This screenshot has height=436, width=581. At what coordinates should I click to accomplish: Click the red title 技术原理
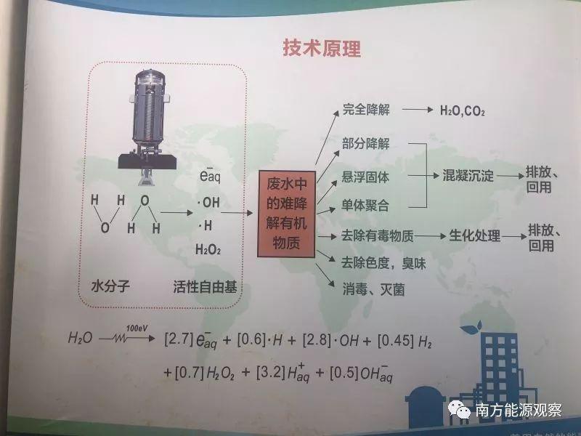tap(321, 49)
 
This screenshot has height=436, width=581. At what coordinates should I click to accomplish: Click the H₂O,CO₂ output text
tap(463, 112)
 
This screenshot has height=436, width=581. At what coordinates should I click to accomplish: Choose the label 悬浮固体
tap(366, 176)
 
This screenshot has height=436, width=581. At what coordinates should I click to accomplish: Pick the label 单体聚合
tap(366, 206)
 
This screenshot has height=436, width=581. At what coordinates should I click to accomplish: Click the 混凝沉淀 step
tap(468, 176)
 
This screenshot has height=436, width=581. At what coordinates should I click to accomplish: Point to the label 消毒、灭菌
tap(373, 288)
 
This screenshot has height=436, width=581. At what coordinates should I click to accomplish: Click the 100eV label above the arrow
tap(135, 328)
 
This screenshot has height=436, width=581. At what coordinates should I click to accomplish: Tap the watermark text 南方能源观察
tap(518, 409)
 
